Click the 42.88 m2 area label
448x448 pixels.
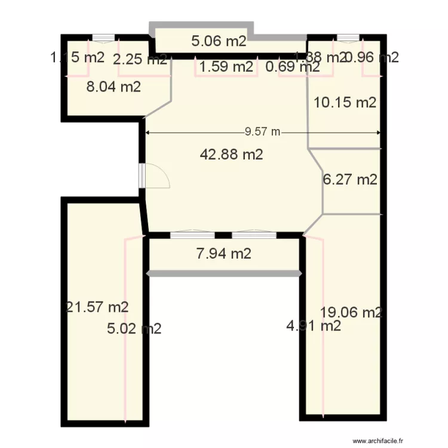[232, 155]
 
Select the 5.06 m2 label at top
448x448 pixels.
[219, 41]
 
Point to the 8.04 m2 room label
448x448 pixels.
[113, 87]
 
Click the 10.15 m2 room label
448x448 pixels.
[345, 102]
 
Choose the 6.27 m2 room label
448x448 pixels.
[350, 179]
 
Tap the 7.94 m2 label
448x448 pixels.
[223, 253]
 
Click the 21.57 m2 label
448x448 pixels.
[97, 307]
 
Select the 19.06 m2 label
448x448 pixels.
[351, 312]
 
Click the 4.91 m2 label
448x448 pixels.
[314, 326]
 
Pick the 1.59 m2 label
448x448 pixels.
[226, 67]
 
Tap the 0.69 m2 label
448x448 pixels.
[292, 67]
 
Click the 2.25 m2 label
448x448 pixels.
[140, 59]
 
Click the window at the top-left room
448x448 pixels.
[103, 38]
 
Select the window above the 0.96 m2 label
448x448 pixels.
[348, 38]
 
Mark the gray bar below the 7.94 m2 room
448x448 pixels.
[224, 274]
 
